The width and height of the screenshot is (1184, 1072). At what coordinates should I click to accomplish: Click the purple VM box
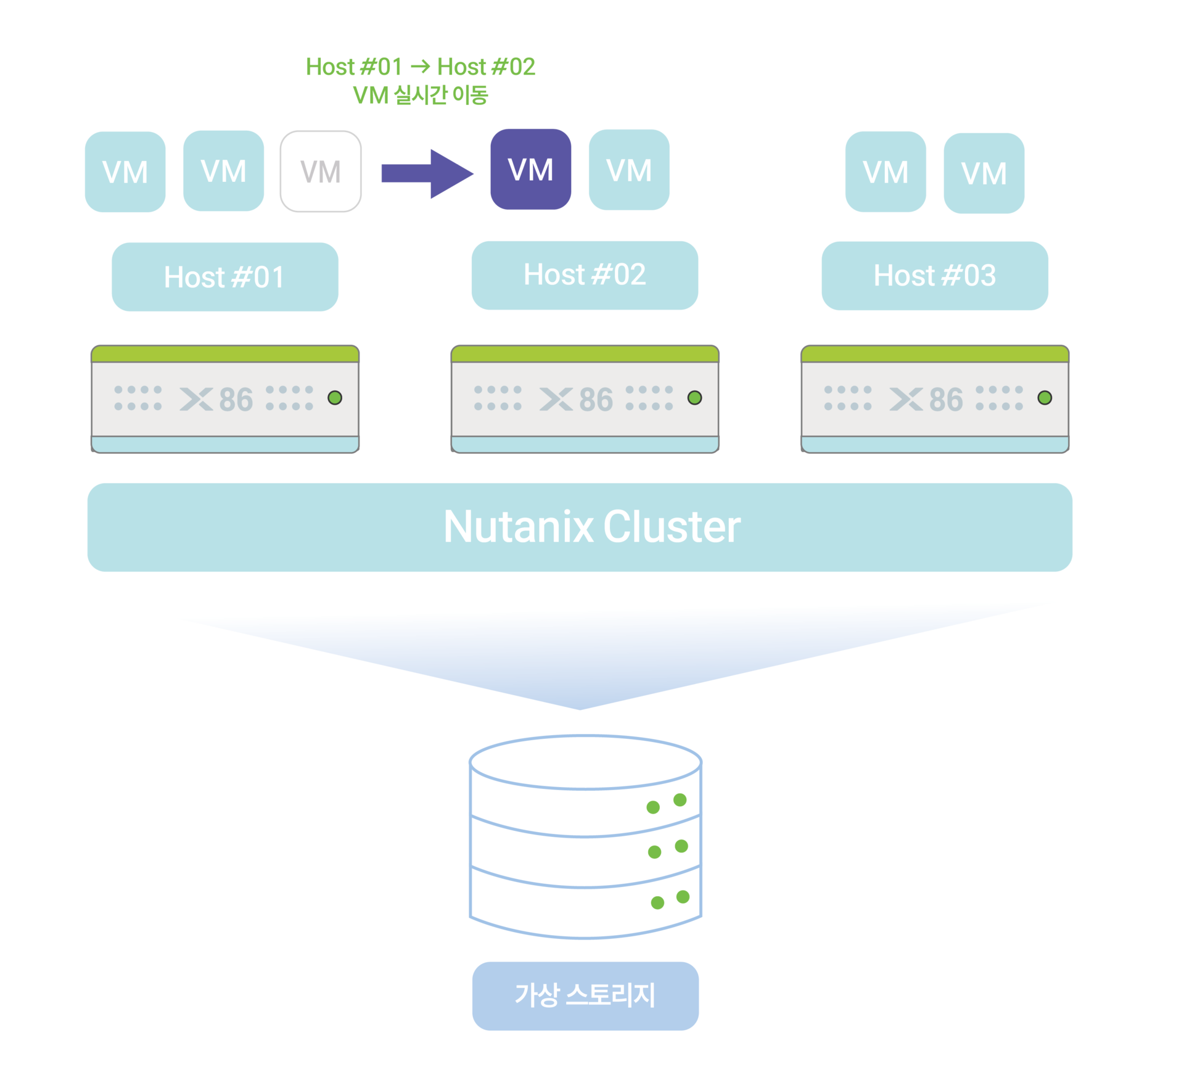coord(530,170)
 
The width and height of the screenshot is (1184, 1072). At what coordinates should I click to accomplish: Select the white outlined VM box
coord(321,171)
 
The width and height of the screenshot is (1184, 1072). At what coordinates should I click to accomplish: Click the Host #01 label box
coord(224,277)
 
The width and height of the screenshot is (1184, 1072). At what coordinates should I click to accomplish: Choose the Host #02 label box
coord(585,275)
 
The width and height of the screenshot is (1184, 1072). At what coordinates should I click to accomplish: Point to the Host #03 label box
coord(934,276)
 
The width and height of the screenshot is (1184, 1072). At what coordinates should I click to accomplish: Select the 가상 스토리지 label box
coord(585,996)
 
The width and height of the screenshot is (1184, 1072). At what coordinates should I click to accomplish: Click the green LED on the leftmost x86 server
coord(335,398)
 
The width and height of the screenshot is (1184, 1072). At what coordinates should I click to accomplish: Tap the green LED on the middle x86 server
coord(694,398)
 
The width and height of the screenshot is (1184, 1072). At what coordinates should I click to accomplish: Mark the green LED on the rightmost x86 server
coord(1045,398)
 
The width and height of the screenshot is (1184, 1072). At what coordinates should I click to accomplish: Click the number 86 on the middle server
coord(596,400)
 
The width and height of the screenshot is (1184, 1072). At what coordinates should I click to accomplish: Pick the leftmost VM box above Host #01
coord(125,172)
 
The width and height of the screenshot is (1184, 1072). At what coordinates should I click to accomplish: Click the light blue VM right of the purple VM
coord(629,170)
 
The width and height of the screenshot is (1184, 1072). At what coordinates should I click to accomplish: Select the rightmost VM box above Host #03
coord(984,173)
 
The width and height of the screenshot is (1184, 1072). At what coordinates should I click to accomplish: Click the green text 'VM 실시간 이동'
coord(420,95)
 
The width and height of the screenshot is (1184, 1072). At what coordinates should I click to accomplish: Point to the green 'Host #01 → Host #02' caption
coord(420,67)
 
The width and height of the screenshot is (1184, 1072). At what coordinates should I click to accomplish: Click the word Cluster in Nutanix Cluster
coord(672,527)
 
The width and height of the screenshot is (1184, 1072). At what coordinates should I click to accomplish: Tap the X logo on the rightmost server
coord(905,400)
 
